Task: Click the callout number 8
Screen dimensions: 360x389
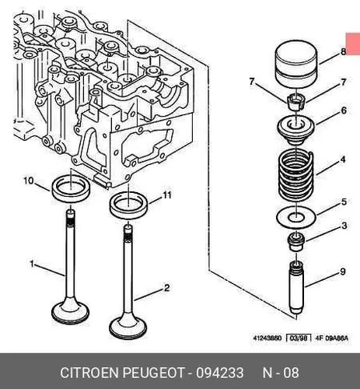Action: (343, 51)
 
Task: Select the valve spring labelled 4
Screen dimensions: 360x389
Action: (296, 177)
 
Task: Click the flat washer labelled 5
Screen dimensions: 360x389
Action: (296, 216)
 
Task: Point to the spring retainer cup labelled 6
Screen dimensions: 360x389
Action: (296, 130)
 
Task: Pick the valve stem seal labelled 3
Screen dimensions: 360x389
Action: (296, 242)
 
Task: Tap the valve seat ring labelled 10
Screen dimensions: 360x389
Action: (71, 187)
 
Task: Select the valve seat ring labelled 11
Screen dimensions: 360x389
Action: (129, 205)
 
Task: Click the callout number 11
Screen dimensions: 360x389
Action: (166, 195)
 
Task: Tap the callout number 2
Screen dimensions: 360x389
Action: (166, 288)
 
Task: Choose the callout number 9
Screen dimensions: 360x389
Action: (343, 272)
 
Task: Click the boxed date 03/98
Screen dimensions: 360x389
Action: (299, 338)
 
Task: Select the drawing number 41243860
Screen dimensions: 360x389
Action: (267, 338)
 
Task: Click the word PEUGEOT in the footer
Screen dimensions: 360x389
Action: (153, 373)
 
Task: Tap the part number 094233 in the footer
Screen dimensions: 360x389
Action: (219, 373)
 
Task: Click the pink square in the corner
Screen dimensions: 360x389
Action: (353, 44)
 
